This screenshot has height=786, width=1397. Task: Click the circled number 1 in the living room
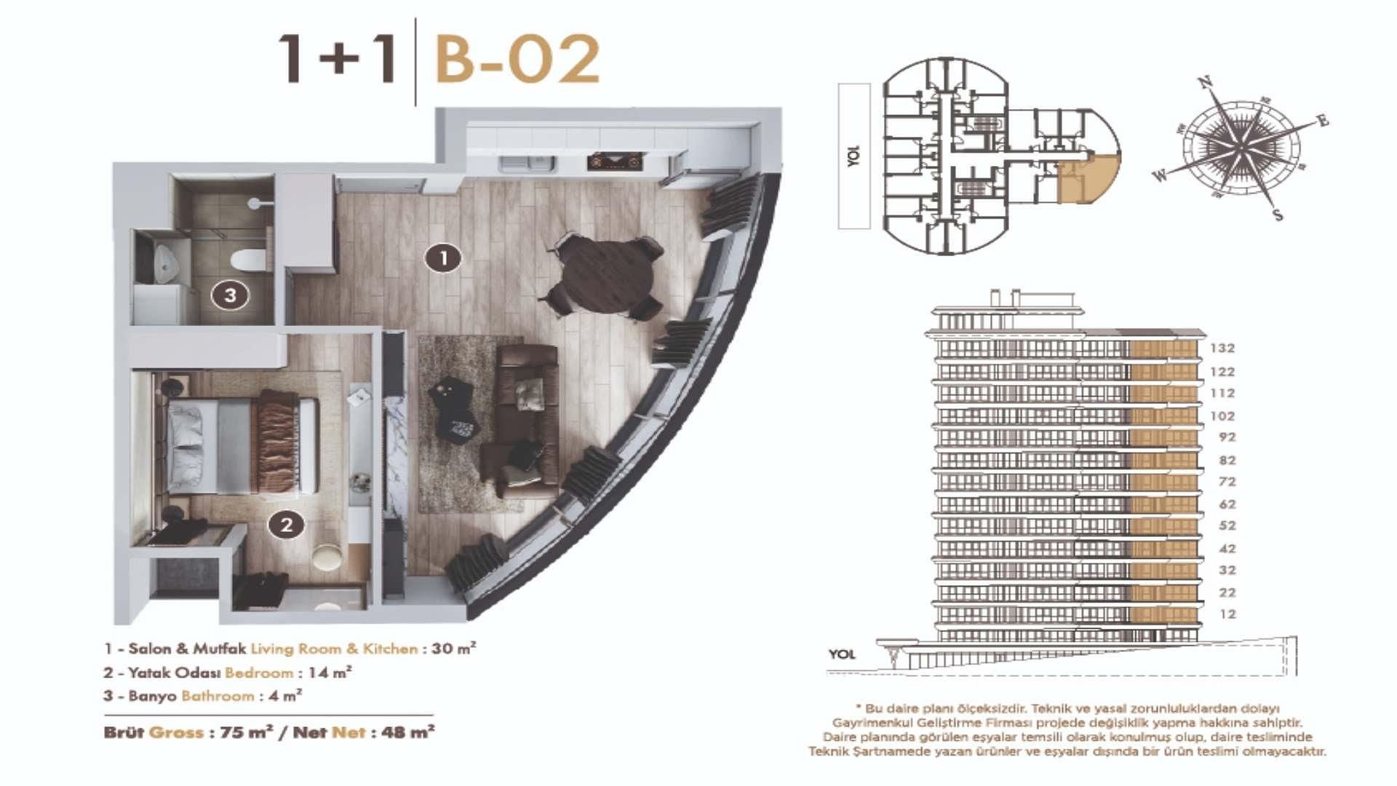pyautogui.click(x=443, y=258)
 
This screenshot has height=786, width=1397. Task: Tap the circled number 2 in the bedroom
pyautogui.click(x=286, y=525)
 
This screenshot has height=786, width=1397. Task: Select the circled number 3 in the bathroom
pyautogui.click(x=230, y=295)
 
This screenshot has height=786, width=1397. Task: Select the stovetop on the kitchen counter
pyautogui.click(x=615, y=161)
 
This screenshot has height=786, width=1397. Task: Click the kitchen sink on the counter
pyautogui.click(x=526, y=163)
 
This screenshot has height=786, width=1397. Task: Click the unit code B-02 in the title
pyautogui.click(x=517, y=60)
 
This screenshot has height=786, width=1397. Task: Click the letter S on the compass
pyautogui.click(x=1278, y=215)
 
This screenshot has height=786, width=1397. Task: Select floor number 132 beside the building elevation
pyautogui.click(x=1222, y=349)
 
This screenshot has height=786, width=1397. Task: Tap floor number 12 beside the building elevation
pyautogui.click(x=1227, y=614)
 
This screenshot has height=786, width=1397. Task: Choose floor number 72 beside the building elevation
pyautogui.click(x=1227, y=482)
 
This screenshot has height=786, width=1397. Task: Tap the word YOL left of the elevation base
pyautogui.click(x=842, y=654)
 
